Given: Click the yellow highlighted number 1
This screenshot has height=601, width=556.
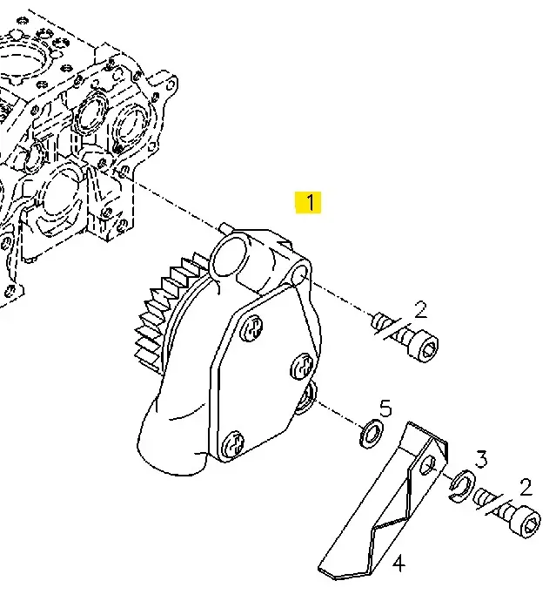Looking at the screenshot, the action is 309,202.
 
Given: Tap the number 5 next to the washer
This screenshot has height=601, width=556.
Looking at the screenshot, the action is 385,409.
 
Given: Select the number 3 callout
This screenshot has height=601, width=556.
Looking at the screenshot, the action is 481,459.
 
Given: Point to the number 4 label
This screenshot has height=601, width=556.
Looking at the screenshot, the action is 399,564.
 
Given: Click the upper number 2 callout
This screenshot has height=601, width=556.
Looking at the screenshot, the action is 420,310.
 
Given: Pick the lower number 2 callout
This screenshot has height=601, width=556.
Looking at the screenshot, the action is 526,487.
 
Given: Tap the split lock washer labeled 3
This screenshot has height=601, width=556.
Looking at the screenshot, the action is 462,485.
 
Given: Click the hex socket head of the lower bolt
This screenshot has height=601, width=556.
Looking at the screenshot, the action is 527,523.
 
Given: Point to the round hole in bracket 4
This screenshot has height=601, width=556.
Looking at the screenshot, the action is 428,464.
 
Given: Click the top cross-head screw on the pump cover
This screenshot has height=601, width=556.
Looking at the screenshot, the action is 251,328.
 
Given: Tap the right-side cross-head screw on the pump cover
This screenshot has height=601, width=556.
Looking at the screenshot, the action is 303,367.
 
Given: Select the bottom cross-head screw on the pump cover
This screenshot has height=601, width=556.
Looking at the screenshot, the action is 233,444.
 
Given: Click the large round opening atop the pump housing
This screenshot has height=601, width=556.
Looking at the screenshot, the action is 230,257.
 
